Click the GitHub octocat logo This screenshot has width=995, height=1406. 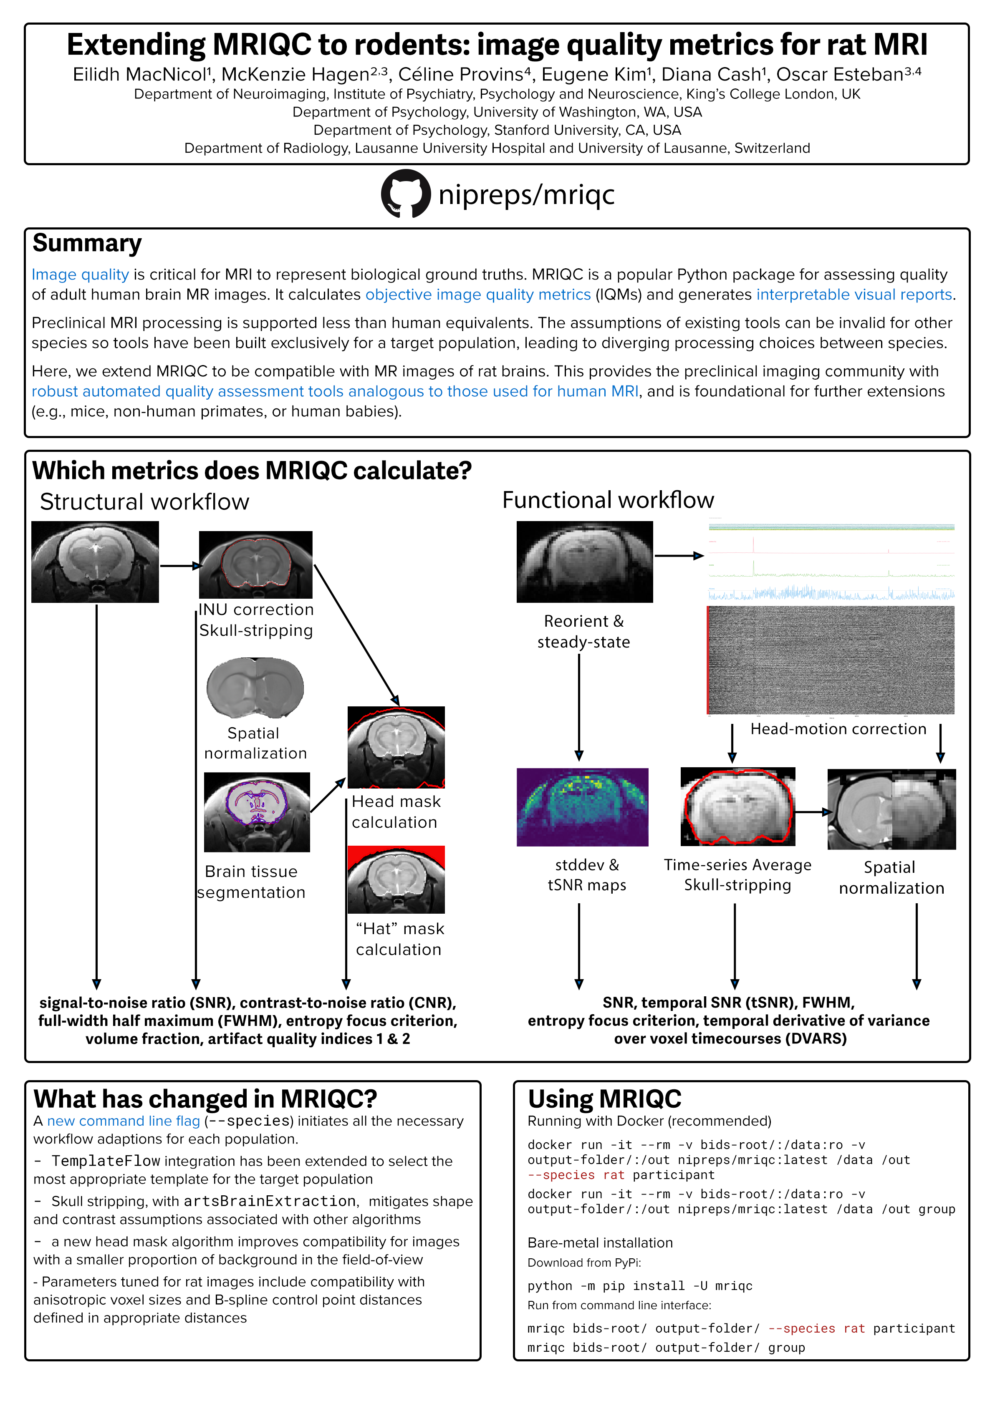405,194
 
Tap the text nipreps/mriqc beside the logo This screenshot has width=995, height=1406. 526,195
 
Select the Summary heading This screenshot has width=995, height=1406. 87,244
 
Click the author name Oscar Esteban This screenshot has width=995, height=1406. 840,75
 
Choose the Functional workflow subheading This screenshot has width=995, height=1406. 608,500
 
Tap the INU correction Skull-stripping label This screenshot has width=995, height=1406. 256,620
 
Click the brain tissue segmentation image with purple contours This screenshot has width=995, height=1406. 257,811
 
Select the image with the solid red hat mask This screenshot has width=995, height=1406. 396,879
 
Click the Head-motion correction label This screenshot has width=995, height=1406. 838,729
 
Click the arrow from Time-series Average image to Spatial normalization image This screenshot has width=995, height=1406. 813,812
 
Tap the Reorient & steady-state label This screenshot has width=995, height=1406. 583,631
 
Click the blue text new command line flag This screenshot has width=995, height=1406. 124,1121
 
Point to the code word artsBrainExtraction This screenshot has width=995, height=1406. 270,1202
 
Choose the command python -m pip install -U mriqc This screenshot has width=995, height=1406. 640,1286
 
